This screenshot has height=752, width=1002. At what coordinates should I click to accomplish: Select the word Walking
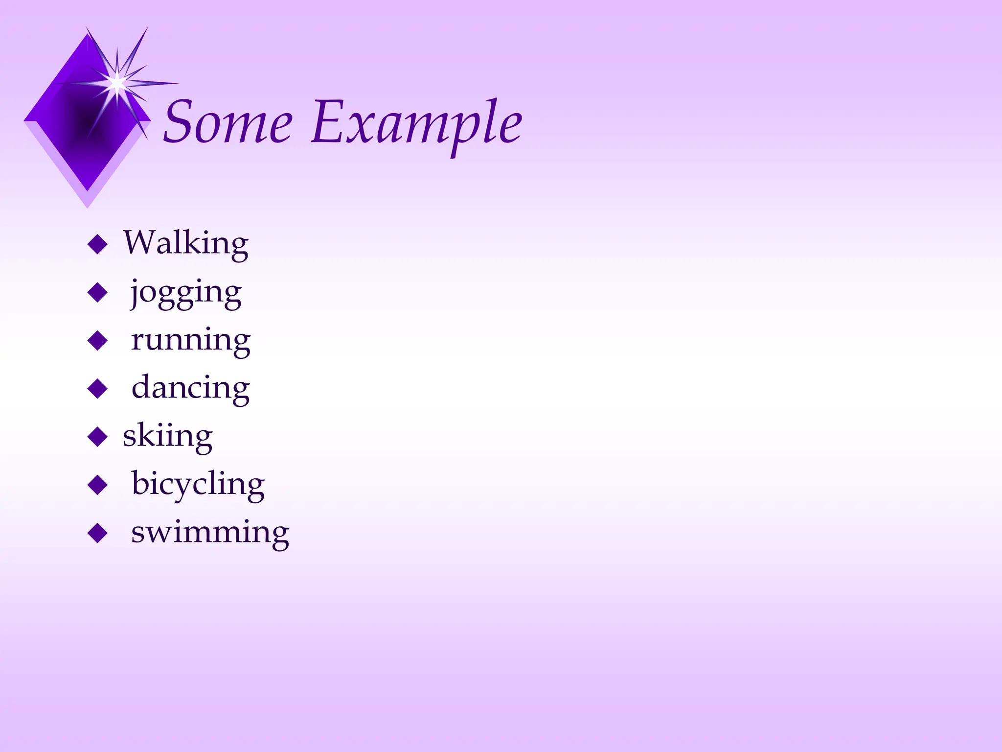point(186,243)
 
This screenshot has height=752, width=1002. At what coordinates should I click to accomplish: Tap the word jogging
point(186,293)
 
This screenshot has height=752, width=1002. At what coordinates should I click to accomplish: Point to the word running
point(191,340)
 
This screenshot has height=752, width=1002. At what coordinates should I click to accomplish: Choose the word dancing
point(191,388)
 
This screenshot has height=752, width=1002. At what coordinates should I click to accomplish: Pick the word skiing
point(168,435)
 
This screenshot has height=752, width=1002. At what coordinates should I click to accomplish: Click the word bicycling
point(198,484)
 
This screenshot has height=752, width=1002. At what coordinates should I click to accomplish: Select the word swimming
point(210,532)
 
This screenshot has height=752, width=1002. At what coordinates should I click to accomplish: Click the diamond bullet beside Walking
point(97,244)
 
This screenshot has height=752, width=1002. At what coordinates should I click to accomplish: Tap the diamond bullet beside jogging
point(97,292)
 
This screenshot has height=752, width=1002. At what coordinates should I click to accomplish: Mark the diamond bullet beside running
point(97,340)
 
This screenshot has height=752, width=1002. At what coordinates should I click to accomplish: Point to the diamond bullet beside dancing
point(97,389)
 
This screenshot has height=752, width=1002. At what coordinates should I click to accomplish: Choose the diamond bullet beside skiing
point(97,437)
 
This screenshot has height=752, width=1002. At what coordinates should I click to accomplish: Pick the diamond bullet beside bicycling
point(97,485)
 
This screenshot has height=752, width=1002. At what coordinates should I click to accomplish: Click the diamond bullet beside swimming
point(97,533)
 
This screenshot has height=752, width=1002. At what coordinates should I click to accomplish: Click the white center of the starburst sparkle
point(117,83)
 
